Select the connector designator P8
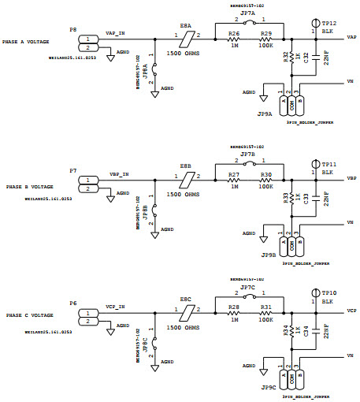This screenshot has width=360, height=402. click(72, 29)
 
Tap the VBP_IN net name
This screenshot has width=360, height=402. click(119, 173)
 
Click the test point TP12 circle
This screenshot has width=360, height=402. click(314, 24)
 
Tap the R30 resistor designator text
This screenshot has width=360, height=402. click(266, 174)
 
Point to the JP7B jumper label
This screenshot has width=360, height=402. click(247, 154)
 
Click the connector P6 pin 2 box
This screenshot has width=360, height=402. click(87, 321)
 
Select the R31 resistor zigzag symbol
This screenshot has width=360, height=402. click(266, 315)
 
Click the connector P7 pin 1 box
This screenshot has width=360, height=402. click(87, 179)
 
